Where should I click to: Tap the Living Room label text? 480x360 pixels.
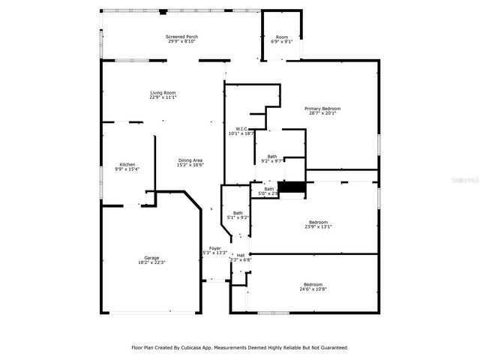[163, 92]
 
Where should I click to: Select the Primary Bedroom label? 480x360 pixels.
[322, 109]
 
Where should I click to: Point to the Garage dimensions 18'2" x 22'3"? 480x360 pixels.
[151, 262]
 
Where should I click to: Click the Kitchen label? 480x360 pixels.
[127, 164]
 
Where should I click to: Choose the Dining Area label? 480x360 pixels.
[190, 160]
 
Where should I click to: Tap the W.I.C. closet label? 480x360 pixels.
[241, 128]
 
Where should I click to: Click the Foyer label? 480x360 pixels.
[214, 247]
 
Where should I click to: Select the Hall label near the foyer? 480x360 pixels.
[241, 255]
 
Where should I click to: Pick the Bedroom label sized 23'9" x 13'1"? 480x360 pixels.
[318, 221]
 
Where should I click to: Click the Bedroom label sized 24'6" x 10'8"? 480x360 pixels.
[313, 284]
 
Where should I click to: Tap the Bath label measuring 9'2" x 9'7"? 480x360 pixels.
[271, 156]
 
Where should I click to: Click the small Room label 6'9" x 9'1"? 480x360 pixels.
[281, 37]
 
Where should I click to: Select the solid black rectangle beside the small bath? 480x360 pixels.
[292, 187]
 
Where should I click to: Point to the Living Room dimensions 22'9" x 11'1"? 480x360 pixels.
[163, 97]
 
